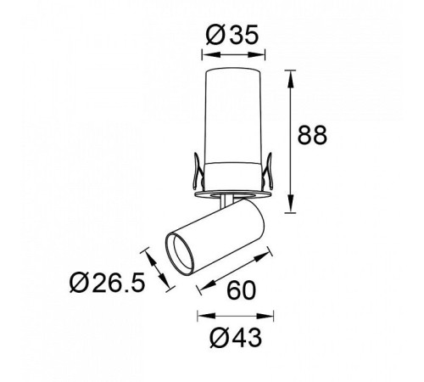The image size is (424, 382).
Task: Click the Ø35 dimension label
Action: click(232, 35)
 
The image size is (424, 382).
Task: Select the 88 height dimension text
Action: click(312, 135)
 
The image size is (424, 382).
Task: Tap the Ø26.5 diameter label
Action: click(108, 282)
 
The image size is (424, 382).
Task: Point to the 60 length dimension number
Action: click(241, 290)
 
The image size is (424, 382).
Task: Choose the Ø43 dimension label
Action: click(236, 338)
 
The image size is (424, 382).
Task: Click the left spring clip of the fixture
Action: click(198, 171)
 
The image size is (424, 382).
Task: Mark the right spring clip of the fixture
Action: click(267, 171)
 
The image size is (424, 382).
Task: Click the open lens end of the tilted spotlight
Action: click(180, 253)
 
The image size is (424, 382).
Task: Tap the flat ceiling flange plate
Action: click(233, 194)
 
